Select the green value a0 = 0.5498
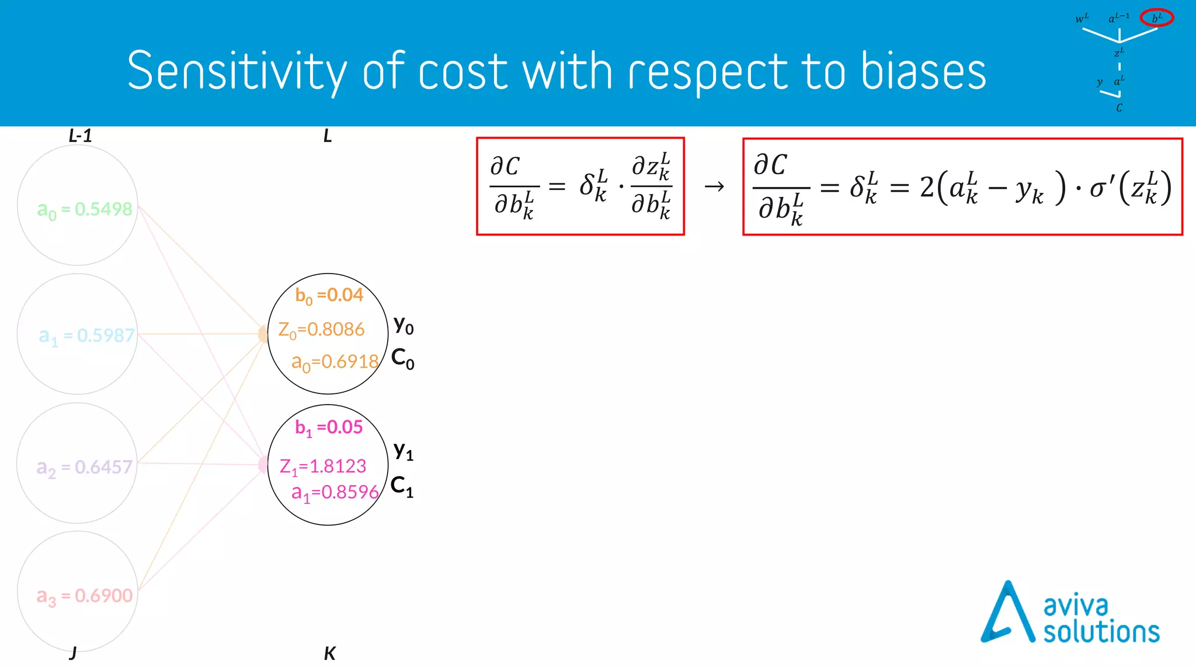tap(85, 209)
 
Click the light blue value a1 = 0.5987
tap(86, 336)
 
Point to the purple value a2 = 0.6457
tap(85, 467)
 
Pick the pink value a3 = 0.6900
tap(85, 596)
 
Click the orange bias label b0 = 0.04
tap(329, 295)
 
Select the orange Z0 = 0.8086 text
tap(321, 330)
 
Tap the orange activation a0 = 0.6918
tap(335, 362)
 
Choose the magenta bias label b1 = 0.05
tap(329, 427)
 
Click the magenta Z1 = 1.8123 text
tap(322, 466)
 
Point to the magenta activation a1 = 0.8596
tap(335, 492)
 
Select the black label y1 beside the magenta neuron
tap(403, 451)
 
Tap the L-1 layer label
tap(80, 136)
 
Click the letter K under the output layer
tap(329, 654)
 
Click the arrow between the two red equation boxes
tap(714, 186)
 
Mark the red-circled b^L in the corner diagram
tap(1156, 18)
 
